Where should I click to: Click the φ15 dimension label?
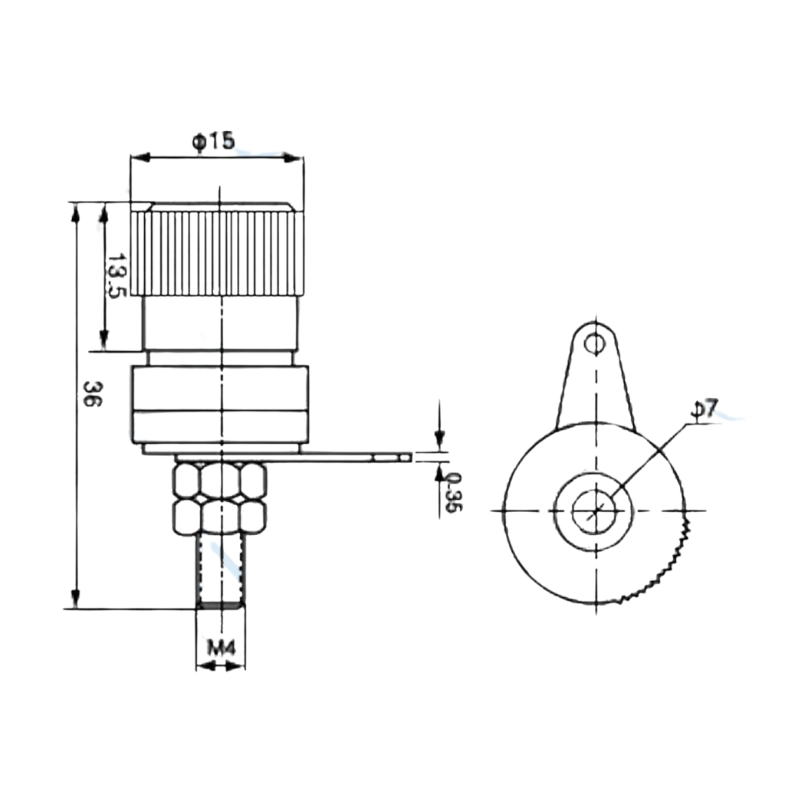coord(213,141)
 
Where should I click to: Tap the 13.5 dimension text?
coord(116,276)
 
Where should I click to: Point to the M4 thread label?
coord(221,649)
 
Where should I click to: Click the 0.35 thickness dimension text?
coord(452,492)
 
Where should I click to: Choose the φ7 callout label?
coord(705,408)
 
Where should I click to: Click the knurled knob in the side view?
coord(217,253)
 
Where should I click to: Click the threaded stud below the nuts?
coord(221,571)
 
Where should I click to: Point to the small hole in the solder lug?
coord(595,343)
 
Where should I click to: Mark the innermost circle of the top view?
coord(595,511)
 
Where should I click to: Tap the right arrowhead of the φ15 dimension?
coord(294,158)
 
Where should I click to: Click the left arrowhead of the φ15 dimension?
coord(141,158)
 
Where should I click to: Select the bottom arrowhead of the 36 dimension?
coord(75,598)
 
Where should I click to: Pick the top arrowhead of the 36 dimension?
coord(75,213)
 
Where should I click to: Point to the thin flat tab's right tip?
coord(412,457)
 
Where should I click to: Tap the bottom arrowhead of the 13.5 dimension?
coord(103,340)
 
